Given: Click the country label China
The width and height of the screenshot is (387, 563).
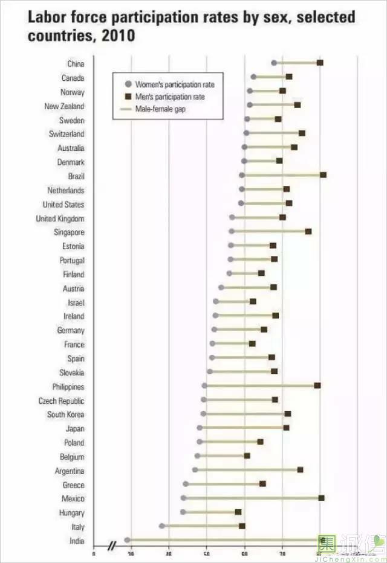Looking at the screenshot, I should coord(76,64).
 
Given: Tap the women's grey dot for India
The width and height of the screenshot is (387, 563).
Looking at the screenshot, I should coord(127,540).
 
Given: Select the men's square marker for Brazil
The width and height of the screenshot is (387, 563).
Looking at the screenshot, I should coord(323,175).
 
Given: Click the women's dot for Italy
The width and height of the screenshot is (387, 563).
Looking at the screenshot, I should coord(162,526).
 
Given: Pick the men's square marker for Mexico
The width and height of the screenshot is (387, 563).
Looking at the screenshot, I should coord(321,498).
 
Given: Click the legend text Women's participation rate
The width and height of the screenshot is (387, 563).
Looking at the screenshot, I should coord(174,84).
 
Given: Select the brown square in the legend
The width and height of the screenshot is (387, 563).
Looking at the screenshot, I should coord(127,97).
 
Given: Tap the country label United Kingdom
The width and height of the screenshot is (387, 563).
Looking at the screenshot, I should coord(60,218).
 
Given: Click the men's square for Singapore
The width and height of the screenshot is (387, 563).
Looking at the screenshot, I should coord(308,231).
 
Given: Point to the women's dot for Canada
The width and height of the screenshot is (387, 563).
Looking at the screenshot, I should coord(253,77).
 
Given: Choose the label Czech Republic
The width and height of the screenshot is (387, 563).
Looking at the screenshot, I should coord(61,401).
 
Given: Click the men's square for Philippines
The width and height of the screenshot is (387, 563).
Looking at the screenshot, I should coord(317,385).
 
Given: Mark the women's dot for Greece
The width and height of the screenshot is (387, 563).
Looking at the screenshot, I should coord(186,484).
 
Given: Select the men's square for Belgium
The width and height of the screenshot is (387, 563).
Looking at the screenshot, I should coord(247,456).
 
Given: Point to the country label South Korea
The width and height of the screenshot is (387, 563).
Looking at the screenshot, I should coord(65,415).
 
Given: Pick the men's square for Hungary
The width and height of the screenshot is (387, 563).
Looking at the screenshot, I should coord(238,512).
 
